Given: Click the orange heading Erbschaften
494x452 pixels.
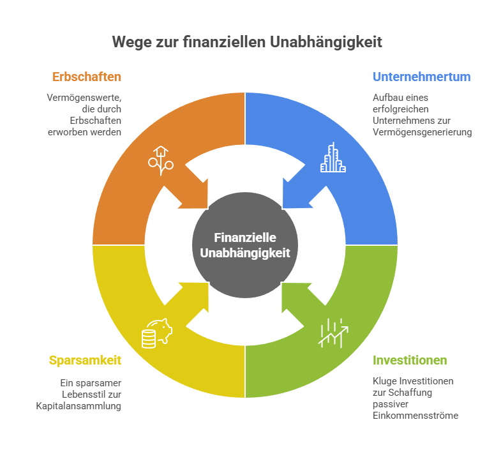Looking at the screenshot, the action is tap(87, 77).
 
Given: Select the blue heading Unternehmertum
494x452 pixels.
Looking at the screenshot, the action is tap(421, 77).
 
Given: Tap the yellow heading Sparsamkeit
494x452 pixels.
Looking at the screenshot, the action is tap(85, 360).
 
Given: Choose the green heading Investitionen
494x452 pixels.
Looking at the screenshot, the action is tap(410, 360).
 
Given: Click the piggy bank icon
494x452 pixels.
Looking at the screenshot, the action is tap(157, 333).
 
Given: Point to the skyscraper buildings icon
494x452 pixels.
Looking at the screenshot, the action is tap(333, 157).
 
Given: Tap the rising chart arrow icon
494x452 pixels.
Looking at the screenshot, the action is tap(333, 333).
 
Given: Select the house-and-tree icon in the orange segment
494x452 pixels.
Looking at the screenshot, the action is tap(161, 161).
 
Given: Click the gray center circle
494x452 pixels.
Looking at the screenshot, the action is tap(245, 245).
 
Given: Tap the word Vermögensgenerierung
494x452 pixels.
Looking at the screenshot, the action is tap(422, 132).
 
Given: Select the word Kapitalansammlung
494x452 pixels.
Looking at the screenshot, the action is tap(79, 406).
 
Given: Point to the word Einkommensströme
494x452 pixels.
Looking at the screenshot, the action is tap(415, 416).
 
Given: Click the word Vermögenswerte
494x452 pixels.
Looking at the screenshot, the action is tap(84, 98).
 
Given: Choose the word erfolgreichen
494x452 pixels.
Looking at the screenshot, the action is tap(400, 109).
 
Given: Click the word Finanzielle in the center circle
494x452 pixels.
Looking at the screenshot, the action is tap(245, 237).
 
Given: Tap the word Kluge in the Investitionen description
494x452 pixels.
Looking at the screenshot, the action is tap(385, 381).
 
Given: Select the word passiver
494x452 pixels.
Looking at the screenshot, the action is tap(391, 404).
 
